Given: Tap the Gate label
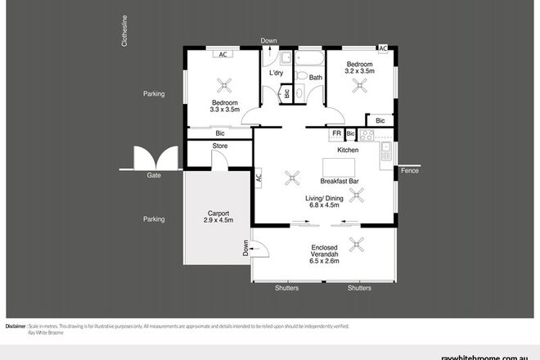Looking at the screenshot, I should (153, 176).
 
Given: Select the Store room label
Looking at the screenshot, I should (219, 146).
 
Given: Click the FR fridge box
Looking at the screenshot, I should (335, 133).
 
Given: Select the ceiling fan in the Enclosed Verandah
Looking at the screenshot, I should (357, 243).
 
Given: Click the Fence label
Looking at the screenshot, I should (411, 170).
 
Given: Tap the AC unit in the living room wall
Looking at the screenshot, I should (257, 175).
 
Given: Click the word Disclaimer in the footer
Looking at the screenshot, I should (18, 326).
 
